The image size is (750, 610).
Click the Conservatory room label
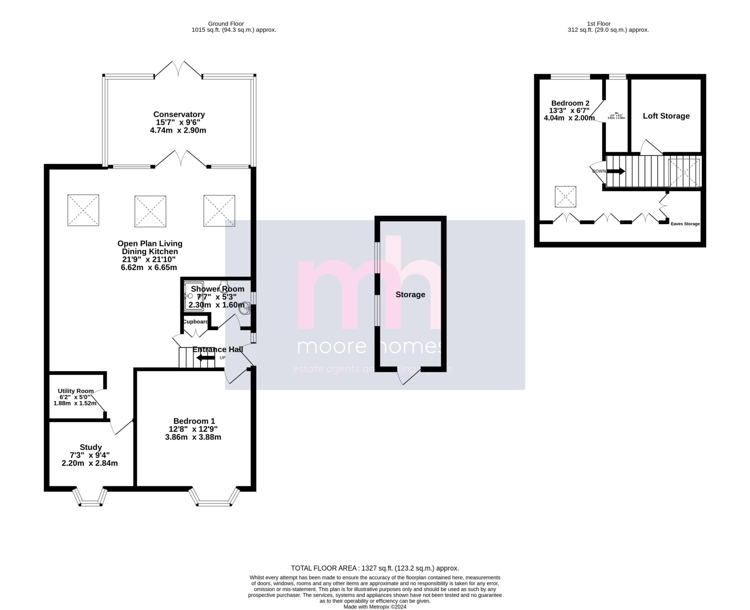click(x=179, y=114)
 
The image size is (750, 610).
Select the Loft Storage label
click(x=666, y=116)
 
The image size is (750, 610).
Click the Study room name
click(x=90, y=447)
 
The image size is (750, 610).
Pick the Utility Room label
click(x=75, y=391)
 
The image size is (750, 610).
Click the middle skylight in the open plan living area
click(x=150, y=211)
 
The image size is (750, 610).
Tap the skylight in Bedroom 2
click(x=565, y=197)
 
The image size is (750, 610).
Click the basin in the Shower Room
click(x=245, y=309)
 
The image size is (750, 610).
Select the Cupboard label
click(x=195, y=322)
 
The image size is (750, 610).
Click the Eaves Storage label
click(x=685, y=224)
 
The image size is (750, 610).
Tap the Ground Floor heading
click(x=226, y=24)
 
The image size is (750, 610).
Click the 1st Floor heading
click(x=608, y=24)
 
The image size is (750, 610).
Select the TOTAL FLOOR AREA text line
click(x=375, y=568)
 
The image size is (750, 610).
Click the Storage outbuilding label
click(x=410, y=295)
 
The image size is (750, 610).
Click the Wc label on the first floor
click(x=616, y=113)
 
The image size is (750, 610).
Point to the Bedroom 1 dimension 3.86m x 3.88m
click(x=193, y=437)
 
